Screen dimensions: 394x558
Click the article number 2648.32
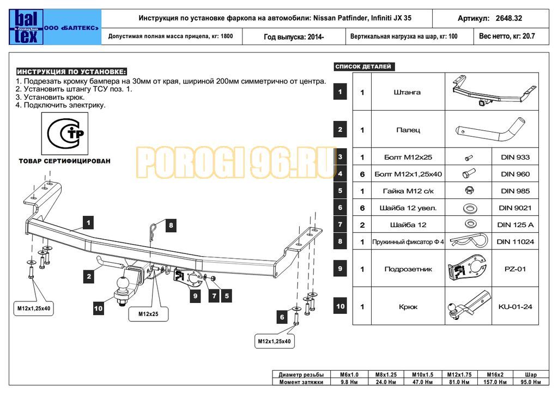tap(509, 18)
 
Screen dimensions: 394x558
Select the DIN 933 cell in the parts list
tap(515, 157)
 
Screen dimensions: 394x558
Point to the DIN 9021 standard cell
tap(515, 208)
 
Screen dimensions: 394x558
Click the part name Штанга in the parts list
tap(407, 92)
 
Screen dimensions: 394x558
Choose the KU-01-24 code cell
tap(515, 307)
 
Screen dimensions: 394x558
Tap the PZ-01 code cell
tap(515, 269)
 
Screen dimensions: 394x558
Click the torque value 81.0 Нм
tap(459, 382)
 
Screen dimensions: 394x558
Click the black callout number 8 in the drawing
tap(171, 225)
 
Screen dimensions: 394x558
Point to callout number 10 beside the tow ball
tap(98, 308)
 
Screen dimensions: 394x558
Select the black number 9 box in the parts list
tap(340, 268)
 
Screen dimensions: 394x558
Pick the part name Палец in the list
tap(407, 130)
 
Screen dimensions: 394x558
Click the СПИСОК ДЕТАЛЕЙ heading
tap(363, 67)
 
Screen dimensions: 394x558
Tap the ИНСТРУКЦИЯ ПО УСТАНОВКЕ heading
tap(71, 72)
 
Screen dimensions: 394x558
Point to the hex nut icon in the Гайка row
tap(468, 191)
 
